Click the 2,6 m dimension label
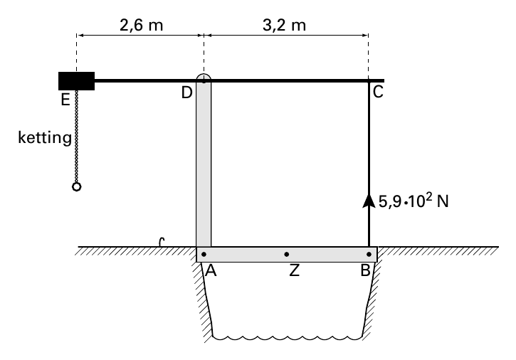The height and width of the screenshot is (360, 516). click(x=141, y=26)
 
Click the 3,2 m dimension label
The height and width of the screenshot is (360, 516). click(x=284, y=26)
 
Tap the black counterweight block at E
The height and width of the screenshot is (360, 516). click(x=76, y=81)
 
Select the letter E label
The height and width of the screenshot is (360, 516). click(x=65, y=100)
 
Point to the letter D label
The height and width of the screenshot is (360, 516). click(x=186, y=92)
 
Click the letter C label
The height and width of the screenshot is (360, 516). click(x=378, y=92)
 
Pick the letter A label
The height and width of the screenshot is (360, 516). click(x=211, y=270)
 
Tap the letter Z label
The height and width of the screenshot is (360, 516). click(x=295, y=270)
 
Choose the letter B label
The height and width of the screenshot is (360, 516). click(x=365, y=270)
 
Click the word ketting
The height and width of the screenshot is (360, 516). click(x=45, y=137)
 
